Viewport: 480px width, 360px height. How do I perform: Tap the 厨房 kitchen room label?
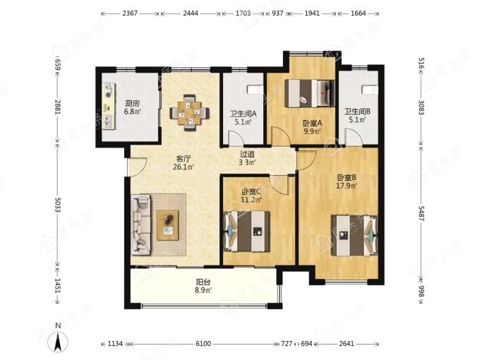[132, 104]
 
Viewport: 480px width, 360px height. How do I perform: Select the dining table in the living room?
[189, 113]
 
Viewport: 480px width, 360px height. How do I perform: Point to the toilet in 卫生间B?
[370, 90]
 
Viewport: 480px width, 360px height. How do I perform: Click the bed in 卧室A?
[309, 93]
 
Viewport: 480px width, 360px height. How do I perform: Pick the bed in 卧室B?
[355, 235]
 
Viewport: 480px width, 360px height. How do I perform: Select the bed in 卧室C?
[247, 232]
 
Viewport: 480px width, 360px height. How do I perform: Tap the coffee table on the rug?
[168, 225]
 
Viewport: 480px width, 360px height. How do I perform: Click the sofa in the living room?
[140, 224]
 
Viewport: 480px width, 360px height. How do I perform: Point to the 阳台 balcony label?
[203, 282]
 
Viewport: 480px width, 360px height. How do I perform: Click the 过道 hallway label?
[247, 155]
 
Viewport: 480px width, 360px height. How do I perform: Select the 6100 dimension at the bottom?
[203, 344]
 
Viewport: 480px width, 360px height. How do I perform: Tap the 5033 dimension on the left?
[58, 204]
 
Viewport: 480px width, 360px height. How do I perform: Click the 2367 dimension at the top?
[130, 13]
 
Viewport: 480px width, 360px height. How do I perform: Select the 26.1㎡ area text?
[184, 167]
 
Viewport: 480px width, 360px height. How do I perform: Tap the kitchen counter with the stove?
[109, 106]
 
